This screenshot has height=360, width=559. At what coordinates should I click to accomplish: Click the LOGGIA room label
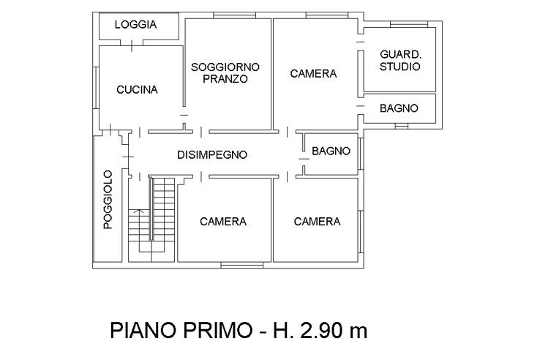coord(136,24)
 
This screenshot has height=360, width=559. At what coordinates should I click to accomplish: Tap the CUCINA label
coord(137,90)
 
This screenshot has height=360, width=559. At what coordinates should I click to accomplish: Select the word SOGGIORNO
coord(226,67)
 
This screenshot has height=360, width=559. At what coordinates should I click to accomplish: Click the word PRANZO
coord(226,79)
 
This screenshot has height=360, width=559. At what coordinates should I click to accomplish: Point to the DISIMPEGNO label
coord(212,154)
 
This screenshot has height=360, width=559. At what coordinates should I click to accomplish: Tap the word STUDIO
coord(400,67)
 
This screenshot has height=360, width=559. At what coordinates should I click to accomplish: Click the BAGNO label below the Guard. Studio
coord(399,108)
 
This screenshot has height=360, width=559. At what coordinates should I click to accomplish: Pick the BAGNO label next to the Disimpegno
coord(331,151)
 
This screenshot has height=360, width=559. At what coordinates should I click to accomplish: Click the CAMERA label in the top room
coord(313,73)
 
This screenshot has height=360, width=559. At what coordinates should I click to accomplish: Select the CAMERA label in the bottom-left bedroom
coord(223,221)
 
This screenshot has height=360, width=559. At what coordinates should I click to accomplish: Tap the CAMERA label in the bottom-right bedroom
coord(317,221)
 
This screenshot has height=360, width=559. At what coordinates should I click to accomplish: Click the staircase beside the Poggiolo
coord(152,220)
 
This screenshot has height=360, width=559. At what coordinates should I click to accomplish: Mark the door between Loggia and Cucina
coord(132,44)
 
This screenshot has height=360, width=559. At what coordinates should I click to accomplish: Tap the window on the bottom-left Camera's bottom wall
coord(241,263)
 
